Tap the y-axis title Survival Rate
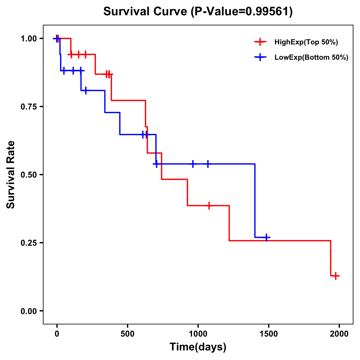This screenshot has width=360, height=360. (11, 174)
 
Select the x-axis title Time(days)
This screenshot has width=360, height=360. (198, 347)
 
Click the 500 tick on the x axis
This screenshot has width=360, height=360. (127, 334)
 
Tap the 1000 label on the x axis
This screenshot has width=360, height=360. (198, 334)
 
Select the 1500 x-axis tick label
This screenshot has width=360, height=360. (268, 334)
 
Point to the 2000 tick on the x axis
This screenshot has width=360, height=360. (339, 334)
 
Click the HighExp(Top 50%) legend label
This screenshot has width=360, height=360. (306, 42)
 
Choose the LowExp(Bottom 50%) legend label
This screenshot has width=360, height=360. (311, 58)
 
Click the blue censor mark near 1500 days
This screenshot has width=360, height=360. (266, 238)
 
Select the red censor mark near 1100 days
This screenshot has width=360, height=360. (209, 205)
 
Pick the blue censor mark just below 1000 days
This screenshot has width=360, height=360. (193, 164)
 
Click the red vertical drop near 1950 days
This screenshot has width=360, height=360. (331, 258)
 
